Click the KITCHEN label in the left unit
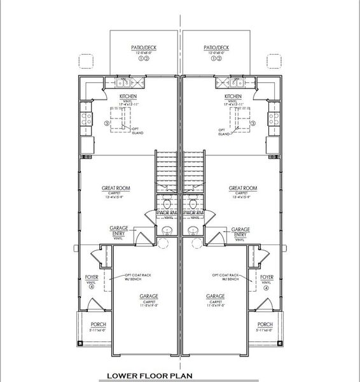click(x=128, y=97)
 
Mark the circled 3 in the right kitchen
click(x=253, y=124)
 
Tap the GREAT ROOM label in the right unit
click(x=242, y=188)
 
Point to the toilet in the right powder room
click(x=193, y=204)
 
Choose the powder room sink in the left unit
click(x=168, y=230)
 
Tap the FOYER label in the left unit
click(x=92, y=278)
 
